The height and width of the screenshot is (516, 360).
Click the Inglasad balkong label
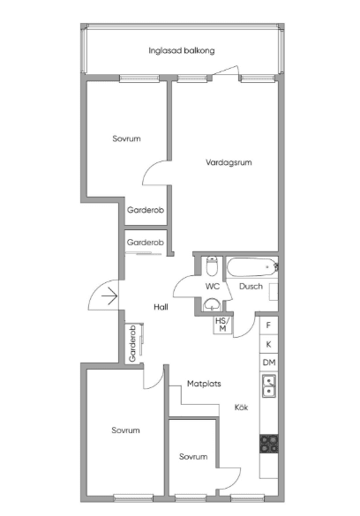[x=181, y=50]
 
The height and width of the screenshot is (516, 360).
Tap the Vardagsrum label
[x=229, y=162]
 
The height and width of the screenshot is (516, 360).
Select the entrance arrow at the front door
[x=109, y=296]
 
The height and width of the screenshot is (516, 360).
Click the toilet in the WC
[x=212, y=266]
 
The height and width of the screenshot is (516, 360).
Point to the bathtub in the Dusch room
[x=251, y=267]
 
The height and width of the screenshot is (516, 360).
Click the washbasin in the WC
[x=212, y=304]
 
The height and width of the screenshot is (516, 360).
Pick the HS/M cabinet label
[x=222, y=325]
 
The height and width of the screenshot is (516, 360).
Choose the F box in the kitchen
[x=268, y=325]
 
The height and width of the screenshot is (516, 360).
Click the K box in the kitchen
[x=268, y=344]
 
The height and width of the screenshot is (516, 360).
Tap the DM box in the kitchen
[x=269, y=363]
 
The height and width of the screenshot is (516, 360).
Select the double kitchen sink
[x=269, y=385]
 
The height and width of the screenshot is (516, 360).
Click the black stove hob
[x=269, y=444]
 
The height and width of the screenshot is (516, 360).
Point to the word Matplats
[x=204, y=384]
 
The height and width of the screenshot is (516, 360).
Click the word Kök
[x=241, y=408]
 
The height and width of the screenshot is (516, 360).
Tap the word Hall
[x=161, y=307]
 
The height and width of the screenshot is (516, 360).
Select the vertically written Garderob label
[x=132, y=344]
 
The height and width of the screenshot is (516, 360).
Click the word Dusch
[x=251, y=287]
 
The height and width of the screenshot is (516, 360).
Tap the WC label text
[x=213, y=287]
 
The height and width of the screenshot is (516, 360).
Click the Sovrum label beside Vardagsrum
[x=126, y=138]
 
